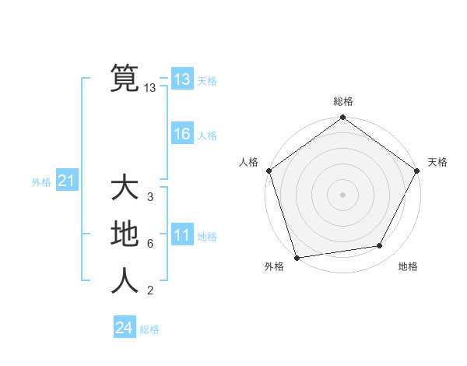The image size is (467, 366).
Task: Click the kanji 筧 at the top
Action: [x=125, y=78]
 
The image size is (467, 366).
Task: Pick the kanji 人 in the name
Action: [x=125, y=281]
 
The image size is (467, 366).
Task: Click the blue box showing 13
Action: [x=182, y=79]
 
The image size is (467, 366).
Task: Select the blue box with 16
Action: [x=182, y=134]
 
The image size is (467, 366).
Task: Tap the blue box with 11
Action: [x=182, y=235]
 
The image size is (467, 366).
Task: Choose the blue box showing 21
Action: [x=66, y=181]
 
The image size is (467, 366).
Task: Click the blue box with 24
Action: [x=125, y=328]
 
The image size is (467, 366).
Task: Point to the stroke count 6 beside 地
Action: [x=149, y=244]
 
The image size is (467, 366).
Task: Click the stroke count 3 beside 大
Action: [x=149, y=197]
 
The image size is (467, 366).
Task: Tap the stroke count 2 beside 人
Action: [x=149, y=291]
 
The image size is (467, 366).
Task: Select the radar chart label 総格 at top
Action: [x=342, y=102]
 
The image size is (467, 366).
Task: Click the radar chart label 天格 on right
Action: [x=437, y=162]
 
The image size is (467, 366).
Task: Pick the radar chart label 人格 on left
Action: [x=249, y=162]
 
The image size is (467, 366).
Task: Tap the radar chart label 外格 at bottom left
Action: [x=274, y=267]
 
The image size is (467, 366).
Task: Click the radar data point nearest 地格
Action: [x=380, y=246]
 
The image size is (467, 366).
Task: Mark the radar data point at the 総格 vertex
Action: [x=342, y=118]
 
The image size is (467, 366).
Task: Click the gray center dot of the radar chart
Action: [x=342, y=194]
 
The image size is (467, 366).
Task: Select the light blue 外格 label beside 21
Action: [x=41, y=182]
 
